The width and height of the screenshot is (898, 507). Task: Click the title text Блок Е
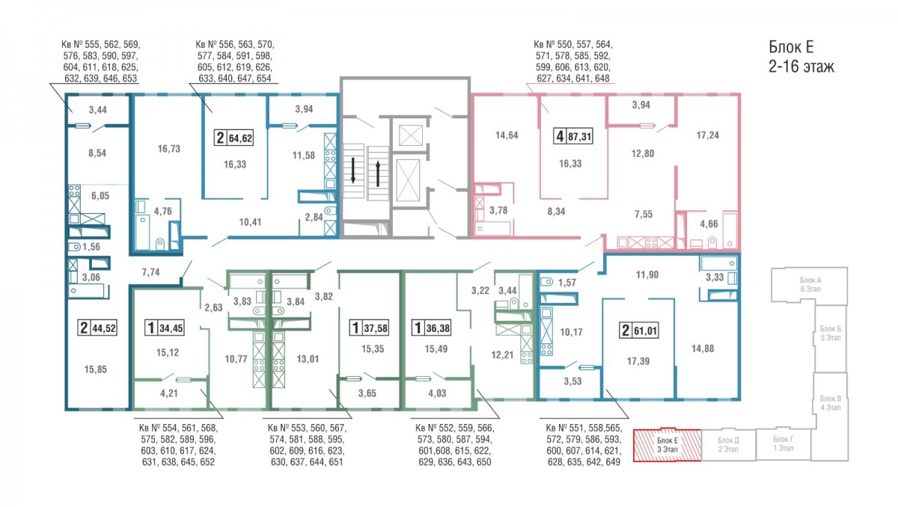click(x=791, y=47)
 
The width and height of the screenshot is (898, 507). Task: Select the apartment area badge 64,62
click(x=233, y=138)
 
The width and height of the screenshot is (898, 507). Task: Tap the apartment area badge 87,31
click(x=573, y=136)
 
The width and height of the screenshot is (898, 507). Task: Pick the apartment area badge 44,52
click(x=97, y=328)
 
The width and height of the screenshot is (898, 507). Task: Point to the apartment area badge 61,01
click(x=638, y=331)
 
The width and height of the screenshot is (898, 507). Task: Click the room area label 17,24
click(x=707, y=135)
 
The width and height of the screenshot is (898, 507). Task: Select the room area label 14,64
click(x=507, y=135)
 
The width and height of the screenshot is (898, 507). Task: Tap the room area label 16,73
click(x=169, y=149)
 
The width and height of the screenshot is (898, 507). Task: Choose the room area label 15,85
click(x=96, y=369)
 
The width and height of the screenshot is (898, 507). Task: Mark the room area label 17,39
click(x=638, y=361)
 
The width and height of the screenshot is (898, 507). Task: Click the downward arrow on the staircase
click(x=353, y=170)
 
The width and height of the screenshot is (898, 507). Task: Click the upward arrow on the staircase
click(x=378, y=173)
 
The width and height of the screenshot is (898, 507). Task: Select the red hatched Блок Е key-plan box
click(x=667, y=446)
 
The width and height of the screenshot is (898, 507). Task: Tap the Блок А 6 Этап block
click(x=810, y=285)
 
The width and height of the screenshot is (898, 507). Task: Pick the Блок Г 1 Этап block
click(x=784, y=444)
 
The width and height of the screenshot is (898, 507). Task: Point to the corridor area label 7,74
click(x=150, y=272)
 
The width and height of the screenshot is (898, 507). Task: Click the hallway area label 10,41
click(x=250, y=222)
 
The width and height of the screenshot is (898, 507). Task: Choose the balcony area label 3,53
click(x=572, y=381)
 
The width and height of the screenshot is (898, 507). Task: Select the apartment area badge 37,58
click(x=369, y=328)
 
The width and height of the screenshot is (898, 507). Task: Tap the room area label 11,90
click(x=647, y=274)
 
